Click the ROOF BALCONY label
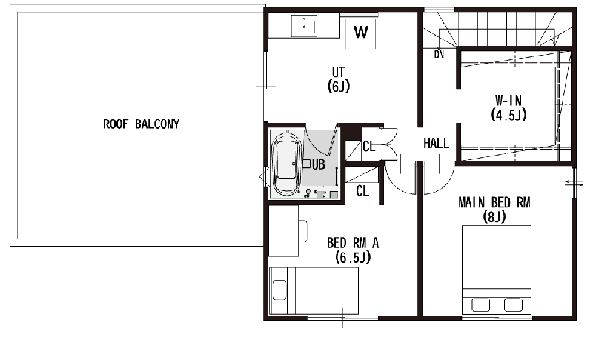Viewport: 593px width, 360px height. click(x=142, y=124)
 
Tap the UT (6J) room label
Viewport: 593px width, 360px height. click(x=339, y=79)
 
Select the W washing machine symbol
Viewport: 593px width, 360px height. click(x=361, y=32)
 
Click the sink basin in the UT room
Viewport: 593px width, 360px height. click(x=304, y=25)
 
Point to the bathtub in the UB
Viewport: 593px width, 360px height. click(x=287, y=164)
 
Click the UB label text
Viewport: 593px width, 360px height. click(x=319, y=164)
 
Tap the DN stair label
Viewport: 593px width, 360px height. click(x=439, y=55)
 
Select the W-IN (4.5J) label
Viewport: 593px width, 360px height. click(x=508, y=107)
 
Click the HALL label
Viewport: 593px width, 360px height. click(x=436, y=144)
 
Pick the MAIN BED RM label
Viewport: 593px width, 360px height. click(x=494, y=203)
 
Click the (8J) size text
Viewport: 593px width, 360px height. click(x=494, y=217)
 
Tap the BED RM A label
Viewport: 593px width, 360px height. click(x=353, y=243)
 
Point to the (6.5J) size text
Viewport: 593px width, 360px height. click(x=353, y=258)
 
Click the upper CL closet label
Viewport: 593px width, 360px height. click(x=368, y=146)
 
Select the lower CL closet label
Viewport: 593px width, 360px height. click(x=362, y=191)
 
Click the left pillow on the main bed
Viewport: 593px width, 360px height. click(x=480, y=305)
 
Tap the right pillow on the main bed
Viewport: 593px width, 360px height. click(x=513, y=305)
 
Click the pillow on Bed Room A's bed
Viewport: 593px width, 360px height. click(x=279, y=290)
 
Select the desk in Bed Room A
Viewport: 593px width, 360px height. click(x=284, y=231)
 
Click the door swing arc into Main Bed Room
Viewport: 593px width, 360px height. click(x=443, y=186)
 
